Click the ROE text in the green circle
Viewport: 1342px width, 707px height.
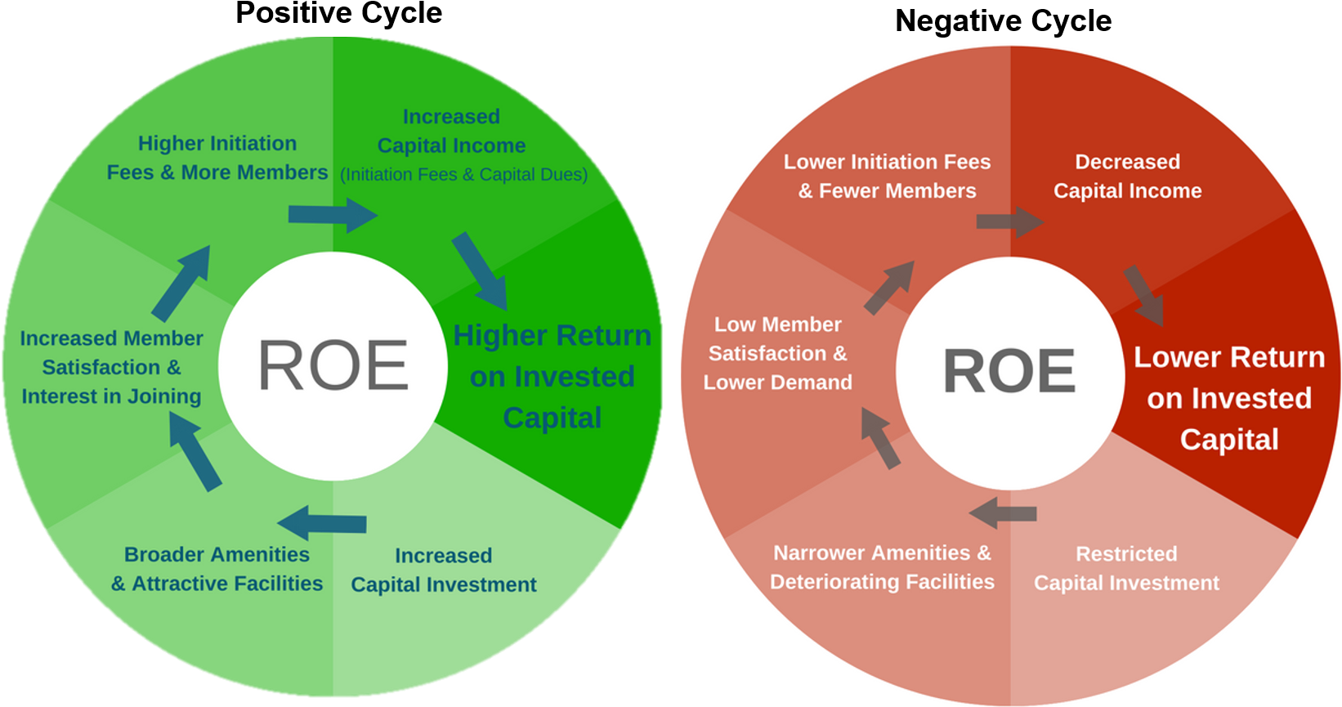pos(333,365)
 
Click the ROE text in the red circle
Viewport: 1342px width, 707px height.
pos(1009,371)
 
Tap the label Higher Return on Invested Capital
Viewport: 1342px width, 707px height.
pos(552,376)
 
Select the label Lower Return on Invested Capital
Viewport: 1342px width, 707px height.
pos(1228,398)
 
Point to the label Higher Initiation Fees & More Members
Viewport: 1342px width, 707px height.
pos(217,158)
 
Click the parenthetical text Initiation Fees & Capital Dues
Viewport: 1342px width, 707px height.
pos(463,175)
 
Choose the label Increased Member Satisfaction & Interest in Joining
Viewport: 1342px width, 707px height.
pos(111,367)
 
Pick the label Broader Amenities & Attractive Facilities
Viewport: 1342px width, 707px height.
pos(217,569)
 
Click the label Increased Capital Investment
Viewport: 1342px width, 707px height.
pos(443,570)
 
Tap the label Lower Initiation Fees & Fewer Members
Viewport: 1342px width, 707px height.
pos(887,176)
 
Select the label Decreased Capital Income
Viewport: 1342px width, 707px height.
pos(1127,176)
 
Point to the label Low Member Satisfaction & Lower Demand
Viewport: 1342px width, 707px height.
pos(777,353)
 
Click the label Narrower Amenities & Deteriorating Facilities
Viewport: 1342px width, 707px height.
pos(882,567)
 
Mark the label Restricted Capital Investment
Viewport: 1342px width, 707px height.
pos(1126,568)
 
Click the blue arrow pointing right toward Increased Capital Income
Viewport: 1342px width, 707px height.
pos(332,215)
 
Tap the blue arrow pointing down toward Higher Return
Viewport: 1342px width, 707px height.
pos(481,270)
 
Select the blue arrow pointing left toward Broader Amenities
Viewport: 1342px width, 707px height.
pos(322,522)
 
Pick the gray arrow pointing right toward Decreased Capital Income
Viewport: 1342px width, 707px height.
pos(1009,221)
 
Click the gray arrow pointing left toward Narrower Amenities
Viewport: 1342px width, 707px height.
pos(1003,513)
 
